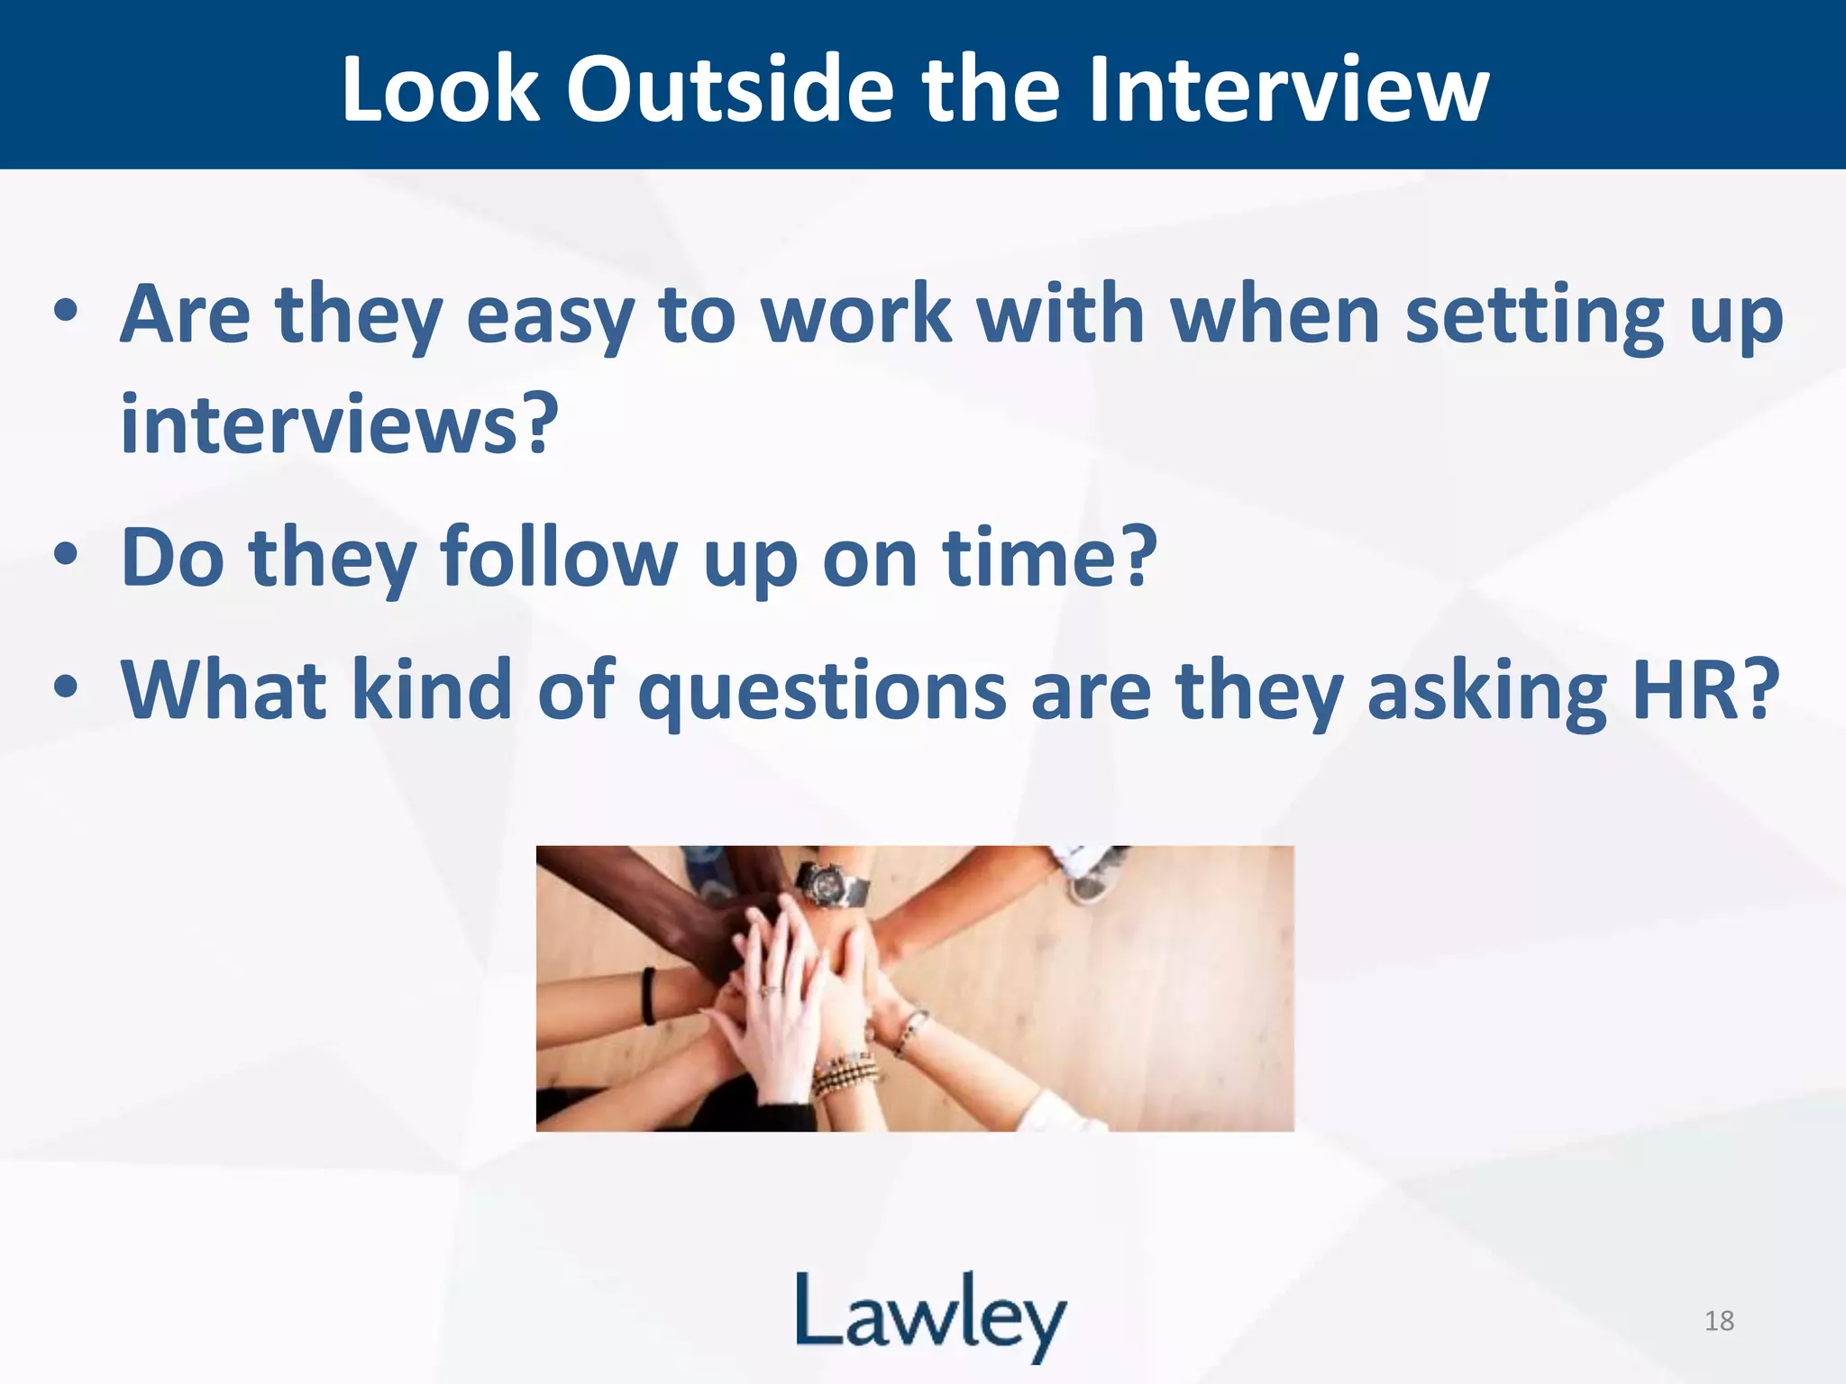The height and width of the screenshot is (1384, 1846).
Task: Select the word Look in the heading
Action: pyautogui.click(x=442, y=89)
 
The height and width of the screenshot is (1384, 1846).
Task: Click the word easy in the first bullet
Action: pyautogui.click(x=550, y=316)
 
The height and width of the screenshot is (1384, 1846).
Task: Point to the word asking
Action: pyautogui.click(x=1486, y=692)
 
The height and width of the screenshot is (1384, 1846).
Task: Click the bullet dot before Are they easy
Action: pyautogui.click(x=65, y=312)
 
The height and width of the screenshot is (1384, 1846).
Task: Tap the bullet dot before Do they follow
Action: pyautogui.click(x=65, y=554)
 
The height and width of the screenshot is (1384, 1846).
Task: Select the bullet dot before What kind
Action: pyautogui.click(x=65, y=687)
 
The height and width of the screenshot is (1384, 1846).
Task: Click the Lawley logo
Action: pyautogui.click(x=930, y=1316)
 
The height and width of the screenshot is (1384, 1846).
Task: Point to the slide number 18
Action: pyautogui.click(x=1719, y=1321)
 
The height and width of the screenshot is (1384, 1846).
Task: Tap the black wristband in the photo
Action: pyautogui.click(x=648, y=995)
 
